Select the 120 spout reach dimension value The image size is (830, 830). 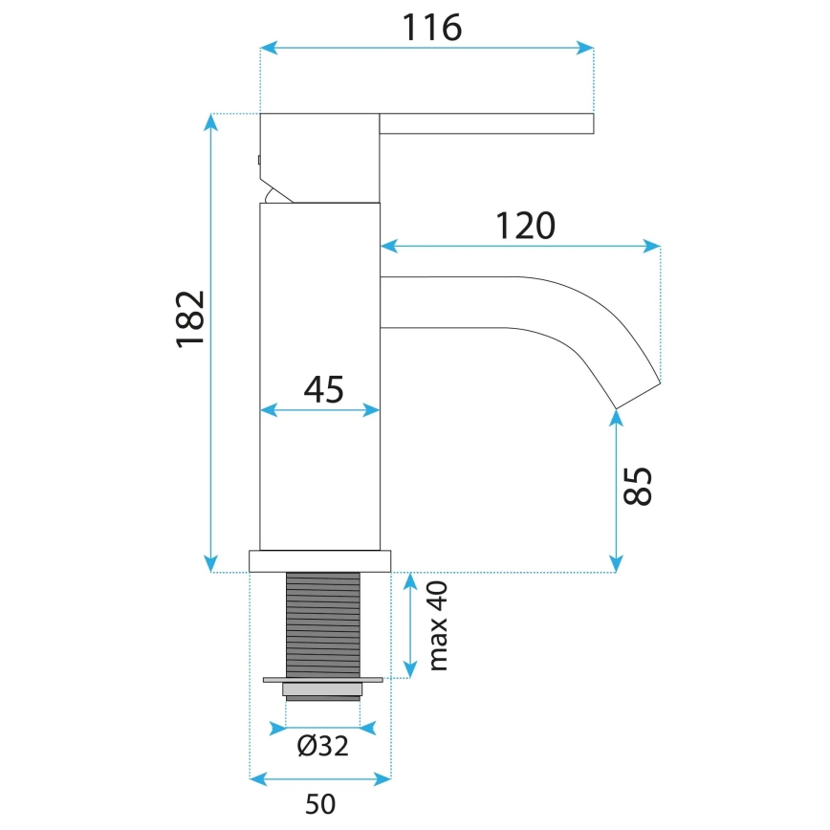click(x=525, y=226)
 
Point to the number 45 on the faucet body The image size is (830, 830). click(x=323, y=389)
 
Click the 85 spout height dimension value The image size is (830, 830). click(x=639, y=487)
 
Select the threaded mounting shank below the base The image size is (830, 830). click(x=322, y=623)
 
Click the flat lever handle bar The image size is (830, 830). click(x=487, y=123)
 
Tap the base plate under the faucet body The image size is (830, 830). click(x=320, y=560)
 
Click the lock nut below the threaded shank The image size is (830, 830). click(x=322, y=690)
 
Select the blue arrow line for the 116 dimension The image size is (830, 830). click(x=426, y=47)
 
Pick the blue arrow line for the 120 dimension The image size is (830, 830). click(x=520, y=247)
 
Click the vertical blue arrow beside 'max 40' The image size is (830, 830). click(x=411, y=625)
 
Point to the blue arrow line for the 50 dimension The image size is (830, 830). click(x=320, y=779)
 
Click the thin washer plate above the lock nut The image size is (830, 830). click(x=322, y=680)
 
